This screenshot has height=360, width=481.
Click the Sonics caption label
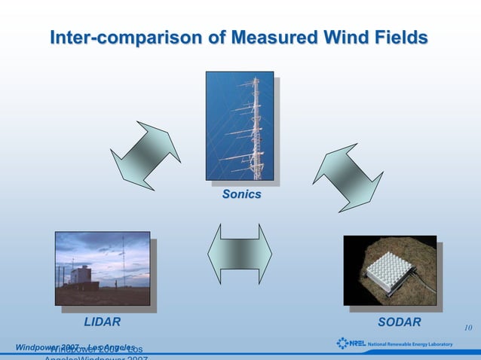241,195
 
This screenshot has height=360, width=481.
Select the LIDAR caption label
102,322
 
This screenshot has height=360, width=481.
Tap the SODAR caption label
399,322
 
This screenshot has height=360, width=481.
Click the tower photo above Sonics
240,126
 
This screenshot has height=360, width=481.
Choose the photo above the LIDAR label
102,268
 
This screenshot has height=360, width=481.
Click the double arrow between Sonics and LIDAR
145,155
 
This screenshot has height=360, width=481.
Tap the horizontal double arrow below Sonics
240,254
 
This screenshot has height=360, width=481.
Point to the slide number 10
467,328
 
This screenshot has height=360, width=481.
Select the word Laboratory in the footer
437,345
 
